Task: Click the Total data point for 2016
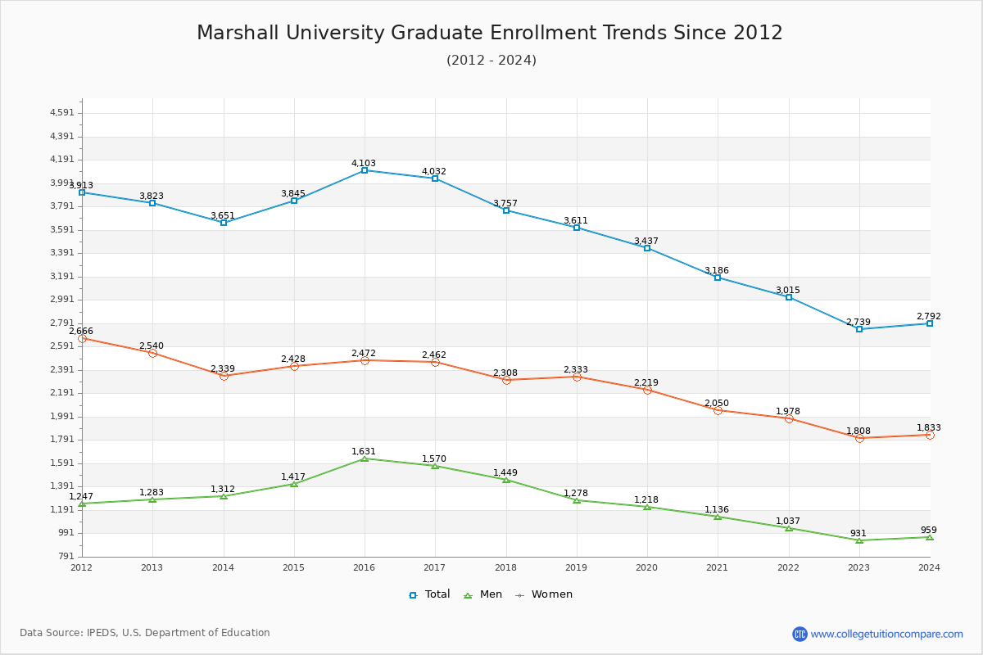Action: coord(365,170)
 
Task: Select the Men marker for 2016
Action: coord(365,458)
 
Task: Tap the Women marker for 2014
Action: coord(224,376)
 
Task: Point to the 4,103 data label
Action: coord(364,163)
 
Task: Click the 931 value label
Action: coord(858,533)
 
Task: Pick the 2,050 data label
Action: coord(717,403)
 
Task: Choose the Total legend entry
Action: coord(429,594)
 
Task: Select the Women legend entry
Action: coord(544,594)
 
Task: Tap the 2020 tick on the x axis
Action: coord(646,567)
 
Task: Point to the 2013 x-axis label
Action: coord(152,567)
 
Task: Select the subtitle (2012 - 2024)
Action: coord(491,60)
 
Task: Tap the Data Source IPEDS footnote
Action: coord(145,633)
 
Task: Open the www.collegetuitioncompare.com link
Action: coord(886,634)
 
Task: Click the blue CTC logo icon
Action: coord(800,634)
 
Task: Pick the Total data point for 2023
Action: coord(859,329)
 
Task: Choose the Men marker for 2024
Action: coord(930,537)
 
